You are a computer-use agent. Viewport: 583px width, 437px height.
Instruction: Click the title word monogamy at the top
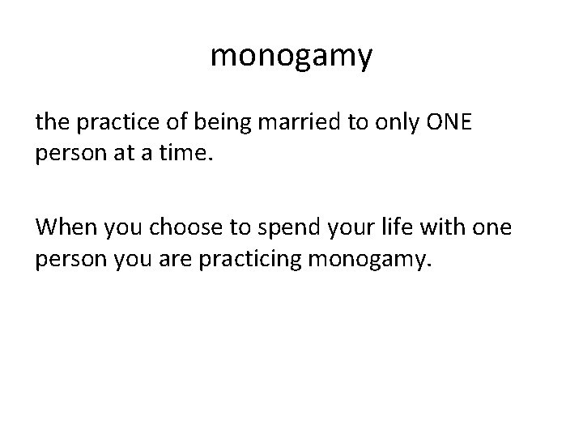(291, 56)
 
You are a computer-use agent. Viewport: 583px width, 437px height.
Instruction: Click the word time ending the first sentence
(189, 154)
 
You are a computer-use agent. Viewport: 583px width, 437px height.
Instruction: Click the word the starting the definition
(52, 124)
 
